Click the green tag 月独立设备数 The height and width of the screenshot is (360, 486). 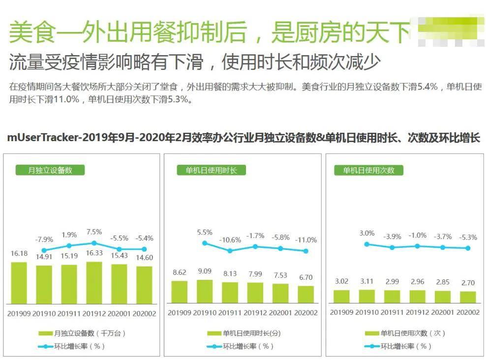[50, 170]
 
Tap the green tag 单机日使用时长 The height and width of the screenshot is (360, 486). [211, 170]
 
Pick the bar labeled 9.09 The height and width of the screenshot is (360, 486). [205, 291]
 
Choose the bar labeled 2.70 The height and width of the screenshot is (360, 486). [468, 297]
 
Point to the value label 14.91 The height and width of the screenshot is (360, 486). [44, 256]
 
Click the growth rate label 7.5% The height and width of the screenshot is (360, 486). [94, 232]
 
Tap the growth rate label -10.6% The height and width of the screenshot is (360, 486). [230, 240]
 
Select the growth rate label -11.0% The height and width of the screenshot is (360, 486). [306, 240]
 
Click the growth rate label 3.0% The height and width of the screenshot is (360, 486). [366, 233]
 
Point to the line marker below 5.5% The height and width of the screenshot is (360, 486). [205, 243]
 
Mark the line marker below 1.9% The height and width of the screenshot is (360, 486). [69, 245]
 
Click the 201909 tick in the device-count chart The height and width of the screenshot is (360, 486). [19, 313]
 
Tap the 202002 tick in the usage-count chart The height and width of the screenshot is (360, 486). [468, 313]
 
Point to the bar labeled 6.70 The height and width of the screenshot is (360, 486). [306, 294]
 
